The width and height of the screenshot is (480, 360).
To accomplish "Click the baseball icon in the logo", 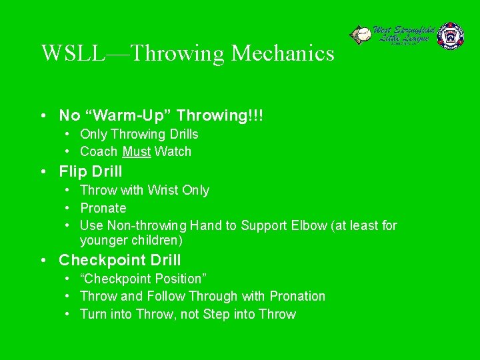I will pyautogui.click(x=361, y=35).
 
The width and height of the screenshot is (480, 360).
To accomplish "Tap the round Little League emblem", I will pyautogui.click(x=450, y=36).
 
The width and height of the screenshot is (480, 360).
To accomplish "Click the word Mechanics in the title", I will pyautogui.click(x=283, y=53).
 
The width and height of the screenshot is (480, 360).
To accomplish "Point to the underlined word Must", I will pyautogui.click(x=137, y=151).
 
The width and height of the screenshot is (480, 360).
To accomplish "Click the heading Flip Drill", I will pyautogui.click(x=91, y=172).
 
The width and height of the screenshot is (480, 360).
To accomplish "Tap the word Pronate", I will pyautogui.click(x=103, y=208).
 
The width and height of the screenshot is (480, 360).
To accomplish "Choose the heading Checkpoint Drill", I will pyautogui.click(x=120, y=260).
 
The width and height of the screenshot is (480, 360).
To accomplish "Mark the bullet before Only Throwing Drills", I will pyautogui.click(x=69, y=134).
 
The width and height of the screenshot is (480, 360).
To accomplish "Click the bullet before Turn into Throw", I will pyautogui.click(x=69, y=314).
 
